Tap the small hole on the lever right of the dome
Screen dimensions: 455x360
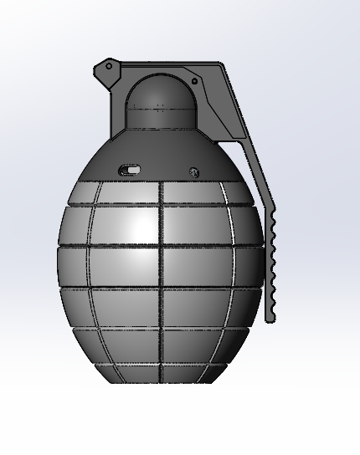click(194, 81)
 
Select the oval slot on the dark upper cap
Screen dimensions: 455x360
click(130, 170)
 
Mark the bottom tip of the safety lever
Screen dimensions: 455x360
click(270, 319)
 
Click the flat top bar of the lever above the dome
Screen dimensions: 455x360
click(167, 67)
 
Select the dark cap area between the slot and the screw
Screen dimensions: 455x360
click(163, 167)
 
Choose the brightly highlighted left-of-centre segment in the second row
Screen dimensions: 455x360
click(126, 226)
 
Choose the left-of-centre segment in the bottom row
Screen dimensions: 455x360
click(134, 374)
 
